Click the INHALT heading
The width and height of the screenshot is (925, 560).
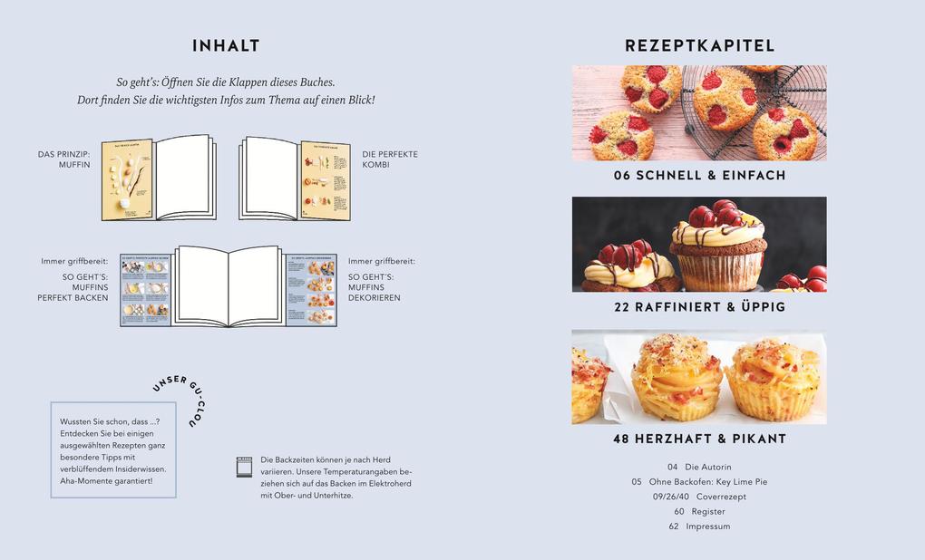[226, 46]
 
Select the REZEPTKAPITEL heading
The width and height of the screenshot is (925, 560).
[699, 46]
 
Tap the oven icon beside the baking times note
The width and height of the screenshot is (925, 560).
[244, 467]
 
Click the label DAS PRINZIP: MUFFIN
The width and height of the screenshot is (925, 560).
[64, 159]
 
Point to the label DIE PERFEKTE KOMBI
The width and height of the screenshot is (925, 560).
[390, 159]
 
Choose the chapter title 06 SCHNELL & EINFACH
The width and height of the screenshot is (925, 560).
[699, 176]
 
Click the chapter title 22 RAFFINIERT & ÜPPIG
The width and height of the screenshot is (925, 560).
[699, 307]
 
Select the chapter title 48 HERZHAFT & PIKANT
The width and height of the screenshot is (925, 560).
[699, 439]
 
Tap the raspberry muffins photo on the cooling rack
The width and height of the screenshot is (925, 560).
[699, 113]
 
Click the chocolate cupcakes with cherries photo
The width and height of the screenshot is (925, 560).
[699, 245]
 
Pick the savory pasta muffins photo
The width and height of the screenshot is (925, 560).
[699, 377]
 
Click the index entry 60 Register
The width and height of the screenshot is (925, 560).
[698, 511]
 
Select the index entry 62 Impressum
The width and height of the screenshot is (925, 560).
[698, 526]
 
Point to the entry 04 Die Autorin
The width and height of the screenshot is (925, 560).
[698, 467]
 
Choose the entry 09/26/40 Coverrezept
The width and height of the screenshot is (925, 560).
[698, 497]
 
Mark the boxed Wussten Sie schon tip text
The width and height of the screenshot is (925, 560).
[112, 451]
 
